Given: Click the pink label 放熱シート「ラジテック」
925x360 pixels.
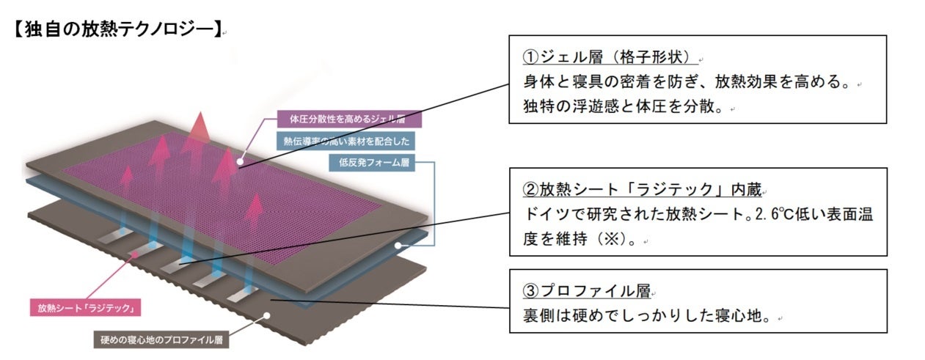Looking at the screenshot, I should pyautogui.click(x=84, y=308).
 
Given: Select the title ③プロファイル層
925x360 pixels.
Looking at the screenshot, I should pyautogui.click(x=586, y=291).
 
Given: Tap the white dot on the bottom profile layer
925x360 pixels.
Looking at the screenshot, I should pyautogui.click(x=267, y=316).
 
